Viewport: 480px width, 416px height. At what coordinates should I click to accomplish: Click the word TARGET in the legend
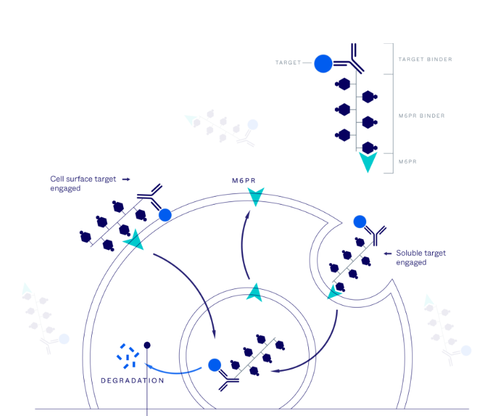(x=287, y=63)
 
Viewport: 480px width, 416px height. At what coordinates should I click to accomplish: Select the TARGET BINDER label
(x=425, y=59)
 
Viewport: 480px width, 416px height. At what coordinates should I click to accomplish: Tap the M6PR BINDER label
(x=421, y=116)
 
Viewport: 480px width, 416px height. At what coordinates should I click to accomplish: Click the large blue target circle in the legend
(x=323, y=64)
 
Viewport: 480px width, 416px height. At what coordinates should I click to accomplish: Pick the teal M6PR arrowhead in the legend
(x=367, y=162)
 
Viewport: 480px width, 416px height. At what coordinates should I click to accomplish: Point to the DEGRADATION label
(x=132, y=381)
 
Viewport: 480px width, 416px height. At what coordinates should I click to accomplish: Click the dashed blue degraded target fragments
(x=127, y=356)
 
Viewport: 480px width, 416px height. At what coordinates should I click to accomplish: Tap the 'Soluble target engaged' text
(x=420, y=257)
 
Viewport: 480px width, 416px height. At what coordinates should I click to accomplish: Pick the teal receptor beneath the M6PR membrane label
(x=255, y=196)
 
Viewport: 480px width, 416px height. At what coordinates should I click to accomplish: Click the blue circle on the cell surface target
(x=164, y=215)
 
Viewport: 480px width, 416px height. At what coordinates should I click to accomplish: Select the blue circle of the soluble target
(x=360, y=221)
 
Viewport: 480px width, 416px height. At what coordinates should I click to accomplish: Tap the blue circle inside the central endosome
(x=214, y=365)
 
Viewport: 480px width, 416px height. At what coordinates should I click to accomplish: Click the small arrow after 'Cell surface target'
(x=126, y=179)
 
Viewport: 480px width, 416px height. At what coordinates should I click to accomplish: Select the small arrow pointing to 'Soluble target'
(x=389, y=253)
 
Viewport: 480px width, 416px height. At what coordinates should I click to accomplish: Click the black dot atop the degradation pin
(x=147, y=345)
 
